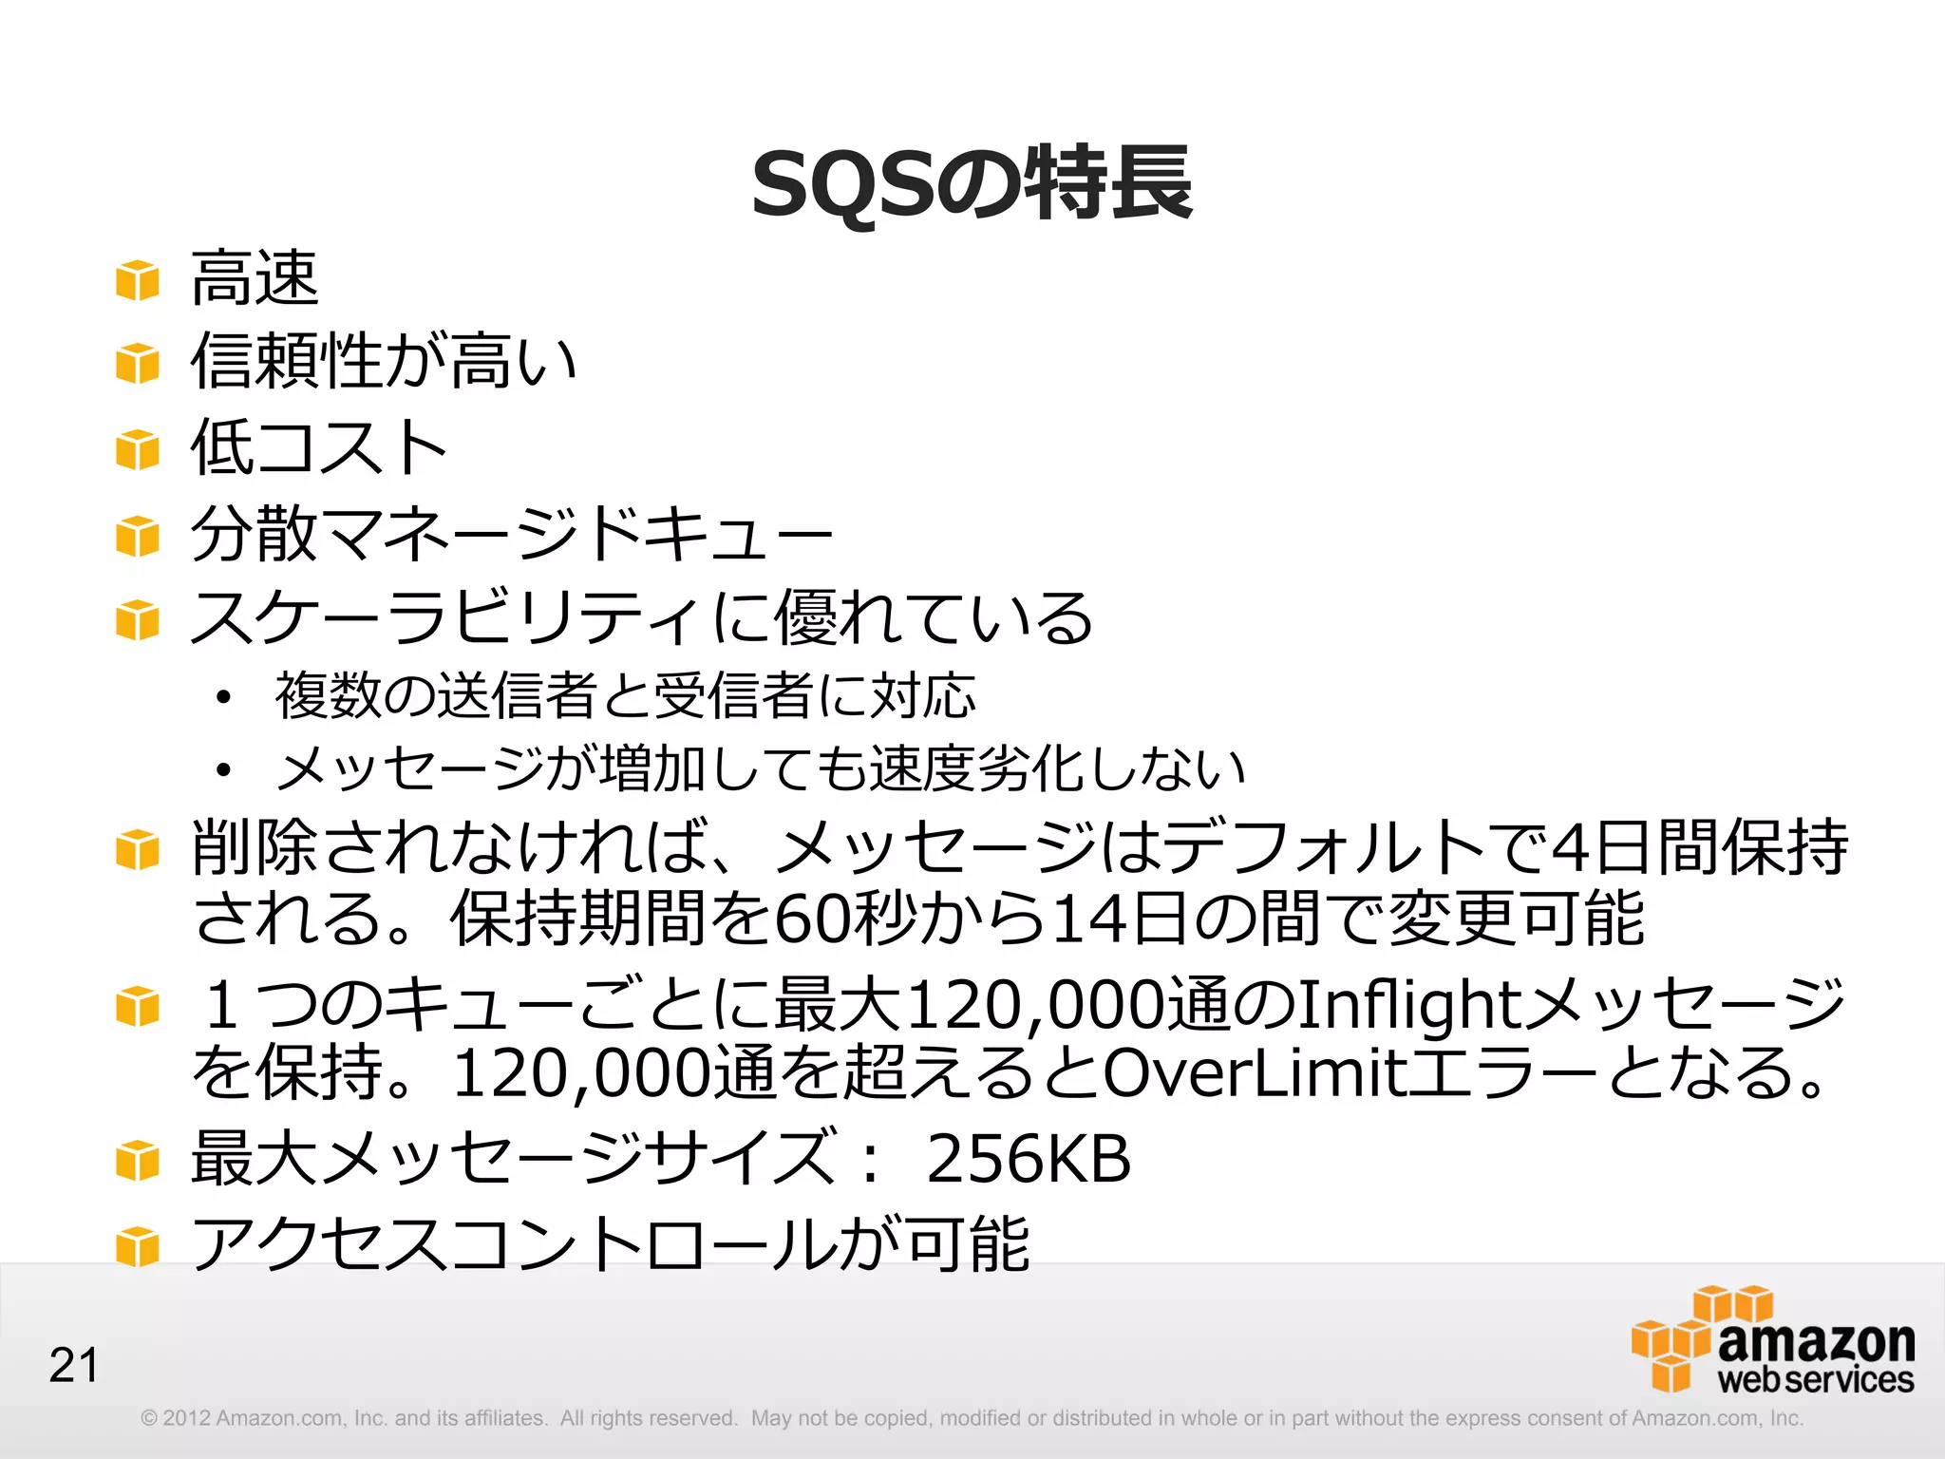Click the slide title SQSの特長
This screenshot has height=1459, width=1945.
point(972,183)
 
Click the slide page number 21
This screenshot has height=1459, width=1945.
point(74,1366)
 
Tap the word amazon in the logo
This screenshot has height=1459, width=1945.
point(1816,1341)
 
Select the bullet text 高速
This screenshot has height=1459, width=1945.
point(255,278)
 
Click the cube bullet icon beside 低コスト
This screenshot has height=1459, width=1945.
point(138,449)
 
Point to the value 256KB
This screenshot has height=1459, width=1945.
point(1029,1159)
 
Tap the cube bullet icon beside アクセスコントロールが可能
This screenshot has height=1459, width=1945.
point(138,1246)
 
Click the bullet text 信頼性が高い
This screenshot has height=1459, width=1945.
point(384,362)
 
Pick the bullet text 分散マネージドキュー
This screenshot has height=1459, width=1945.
point(511,533)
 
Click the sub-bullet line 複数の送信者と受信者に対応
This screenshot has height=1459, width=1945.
point(625,695)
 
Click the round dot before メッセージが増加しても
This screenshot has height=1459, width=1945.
point(223,769)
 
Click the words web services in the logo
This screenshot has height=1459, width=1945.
point(1815,1379)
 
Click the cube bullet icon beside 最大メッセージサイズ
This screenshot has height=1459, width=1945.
point(138,1161)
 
